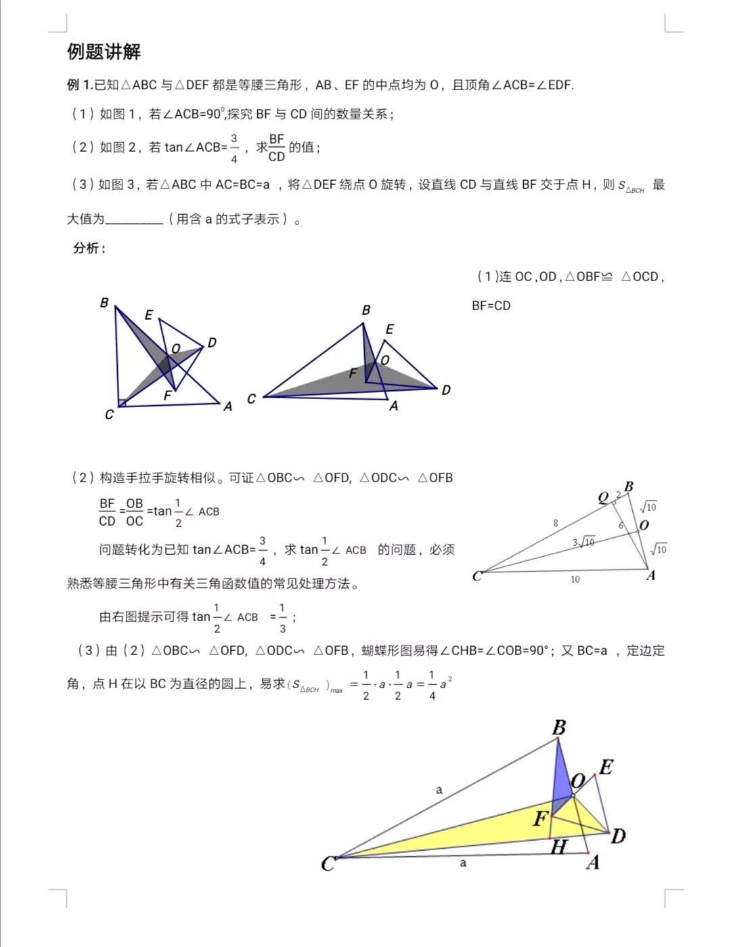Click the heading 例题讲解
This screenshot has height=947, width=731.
point(104,52)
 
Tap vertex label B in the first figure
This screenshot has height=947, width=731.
point(104,303)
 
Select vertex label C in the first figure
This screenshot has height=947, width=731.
point(109,414)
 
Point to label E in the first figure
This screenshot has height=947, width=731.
point(149,315)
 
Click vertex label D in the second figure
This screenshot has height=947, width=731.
point(445,390)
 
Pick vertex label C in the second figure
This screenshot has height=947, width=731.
point(251,399)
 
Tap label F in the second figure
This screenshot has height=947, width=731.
point(353,373)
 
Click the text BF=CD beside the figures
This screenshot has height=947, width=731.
point(491,306)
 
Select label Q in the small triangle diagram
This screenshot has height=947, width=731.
point(603,498)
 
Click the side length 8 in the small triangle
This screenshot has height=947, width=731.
point(556,523)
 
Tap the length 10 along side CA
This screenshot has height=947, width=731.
point(575,580)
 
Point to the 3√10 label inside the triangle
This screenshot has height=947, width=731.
point(583,542)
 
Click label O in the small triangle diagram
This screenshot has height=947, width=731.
point(644,524)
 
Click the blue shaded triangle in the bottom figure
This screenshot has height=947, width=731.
point(561,779)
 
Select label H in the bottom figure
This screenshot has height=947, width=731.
point(558,847)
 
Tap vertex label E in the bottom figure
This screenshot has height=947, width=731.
point(606,767)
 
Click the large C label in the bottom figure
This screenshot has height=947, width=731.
point(328,864)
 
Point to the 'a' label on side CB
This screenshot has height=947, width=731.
point(439,789)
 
